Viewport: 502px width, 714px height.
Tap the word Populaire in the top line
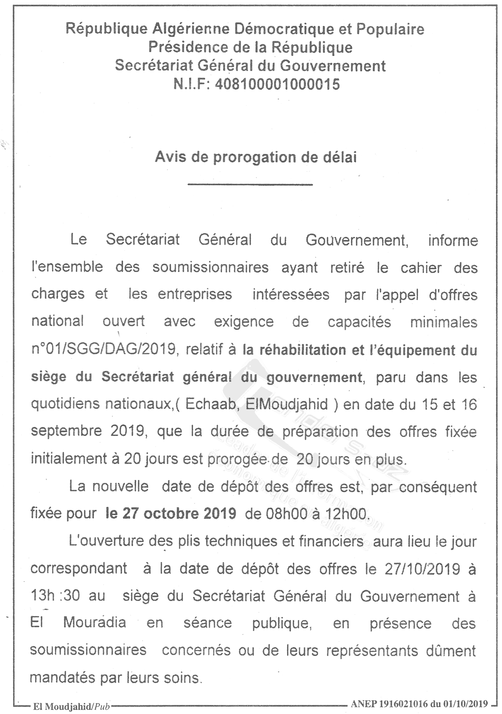point(390,29)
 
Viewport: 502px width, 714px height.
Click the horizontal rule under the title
point(250,184)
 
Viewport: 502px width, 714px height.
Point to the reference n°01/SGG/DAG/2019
point(104,349)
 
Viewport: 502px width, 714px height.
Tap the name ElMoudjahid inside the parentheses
point(287,405)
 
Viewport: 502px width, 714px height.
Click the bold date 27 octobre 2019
point(171,513)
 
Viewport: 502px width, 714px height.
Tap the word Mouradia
point(95,623)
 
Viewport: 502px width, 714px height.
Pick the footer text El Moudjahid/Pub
point(72,706)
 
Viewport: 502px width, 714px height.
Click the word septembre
point(67,431)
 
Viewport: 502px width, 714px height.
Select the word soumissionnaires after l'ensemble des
point(211,268)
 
